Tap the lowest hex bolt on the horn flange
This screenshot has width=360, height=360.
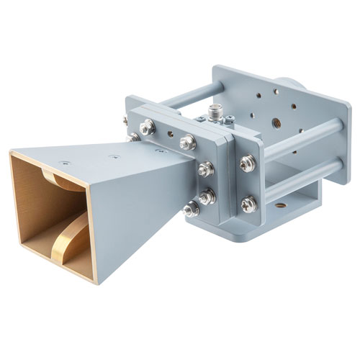pyautogui.click(x=192, y=210)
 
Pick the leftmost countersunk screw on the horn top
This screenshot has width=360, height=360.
pyautogui.click(x=64, y=163)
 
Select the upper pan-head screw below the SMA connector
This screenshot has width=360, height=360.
pyautogui.click(x=246, y=163)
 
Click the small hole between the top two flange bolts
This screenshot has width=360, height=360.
pyautogui.click(x=169, y=134)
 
